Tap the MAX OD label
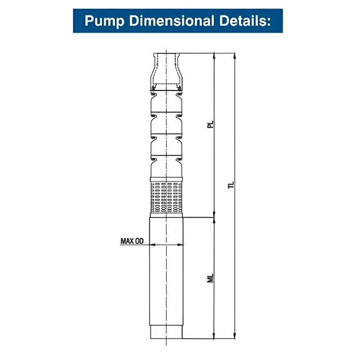[132, 241]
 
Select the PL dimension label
[210, 125]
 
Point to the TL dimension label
[231, 185]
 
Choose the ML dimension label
[210, 278]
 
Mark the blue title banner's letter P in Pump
[89, 21]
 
